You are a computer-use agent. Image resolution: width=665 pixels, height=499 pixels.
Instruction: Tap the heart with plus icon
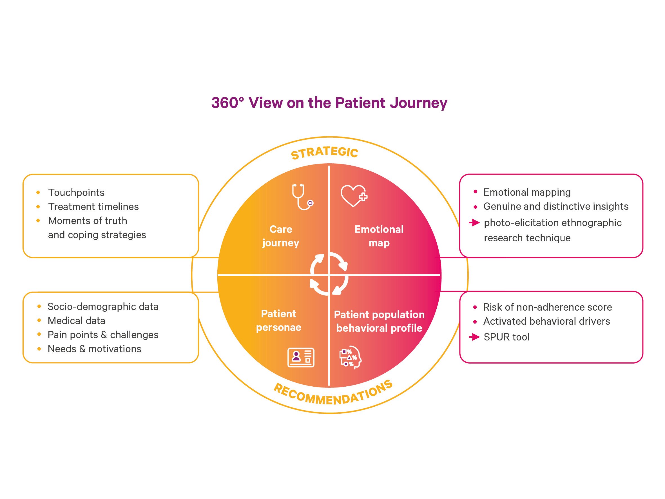tap(354, 196)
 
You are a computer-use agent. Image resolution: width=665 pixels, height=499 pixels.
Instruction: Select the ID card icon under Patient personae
tap(301, 358)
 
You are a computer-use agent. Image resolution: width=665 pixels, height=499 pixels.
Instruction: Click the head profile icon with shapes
tap(350, 358)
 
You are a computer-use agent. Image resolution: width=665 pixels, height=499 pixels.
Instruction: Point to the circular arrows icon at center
tap(329, 274)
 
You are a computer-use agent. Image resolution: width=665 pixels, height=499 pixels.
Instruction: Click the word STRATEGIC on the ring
tap(325, 153)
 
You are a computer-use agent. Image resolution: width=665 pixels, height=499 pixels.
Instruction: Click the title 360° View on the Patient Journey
tap(329, 103)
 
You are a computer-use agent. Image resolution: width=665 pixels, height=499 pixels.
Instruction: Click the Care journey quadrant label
tap(280, 236)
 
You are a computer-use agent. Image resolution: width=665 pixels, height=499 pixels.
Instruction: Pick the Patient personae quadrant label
tap(278, 320)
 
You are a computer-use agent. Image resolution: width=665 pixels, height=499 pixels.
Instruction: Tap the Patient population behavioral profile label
tap(379, 321)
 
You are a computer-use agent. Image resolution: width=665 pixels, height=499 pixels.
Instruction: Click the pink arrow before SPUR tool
tap(474, 337)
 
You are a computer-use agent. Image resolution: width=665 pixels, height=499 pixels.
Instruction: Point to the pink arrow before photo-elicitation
tap(474, 222)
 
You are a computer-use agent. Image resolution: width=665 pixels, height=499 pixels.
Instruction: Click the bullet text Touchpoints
tap(76, 193)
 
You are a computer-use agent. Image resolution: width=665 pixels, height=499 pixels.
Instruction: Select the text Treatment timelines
tap(93, 207)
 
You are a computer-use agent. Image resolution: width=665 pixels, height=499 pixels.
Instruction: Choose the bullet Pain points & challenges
tap(103, 335)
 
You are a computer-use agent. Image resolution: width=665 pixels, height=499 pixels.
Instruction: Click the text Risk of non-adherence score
tap(547, 307)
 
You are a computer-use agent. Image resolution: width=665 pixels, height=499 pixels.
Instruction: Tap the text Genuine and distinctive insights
tap(556, 206)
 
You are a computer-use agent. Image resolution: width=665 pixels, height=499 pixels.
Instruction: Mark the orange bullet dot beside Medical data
tap(39, 321)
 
